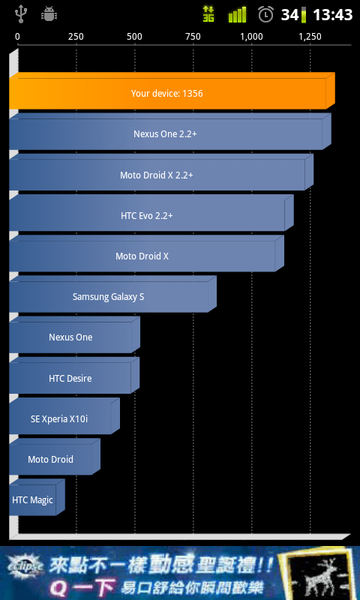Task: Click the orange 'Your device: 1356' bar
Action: (172, 91)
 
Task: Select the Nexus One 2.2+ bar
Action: (169, 132)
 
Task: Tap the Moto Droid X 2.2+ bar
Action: (161, 172)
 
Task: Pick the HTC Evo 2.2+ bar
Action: (151, 213)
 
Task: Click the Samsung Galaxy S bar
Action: (112, 294)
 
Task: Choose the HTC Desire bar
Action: (74, 376)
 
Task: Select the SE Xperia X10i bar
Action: (64, 416)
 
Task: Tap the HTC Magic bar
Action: (37, 497)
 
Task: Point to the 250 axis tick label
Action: (76, 37)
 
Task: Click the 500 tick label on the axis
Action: (134, 37)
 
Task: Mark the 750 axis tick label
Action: (193, 37)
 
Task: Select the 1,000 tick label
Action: (251, 37)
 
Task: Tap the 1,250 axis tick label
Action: (310, 37)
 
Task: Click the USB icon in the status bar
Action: (20, 15)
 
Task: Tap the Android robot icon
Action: (49, 14)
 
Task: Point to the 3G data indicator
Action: (208, 14)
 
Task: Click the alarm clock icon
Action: (266, 14)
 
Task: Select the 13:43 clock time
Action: (332, 15)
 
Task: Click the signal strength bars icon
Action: (237, 14)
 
